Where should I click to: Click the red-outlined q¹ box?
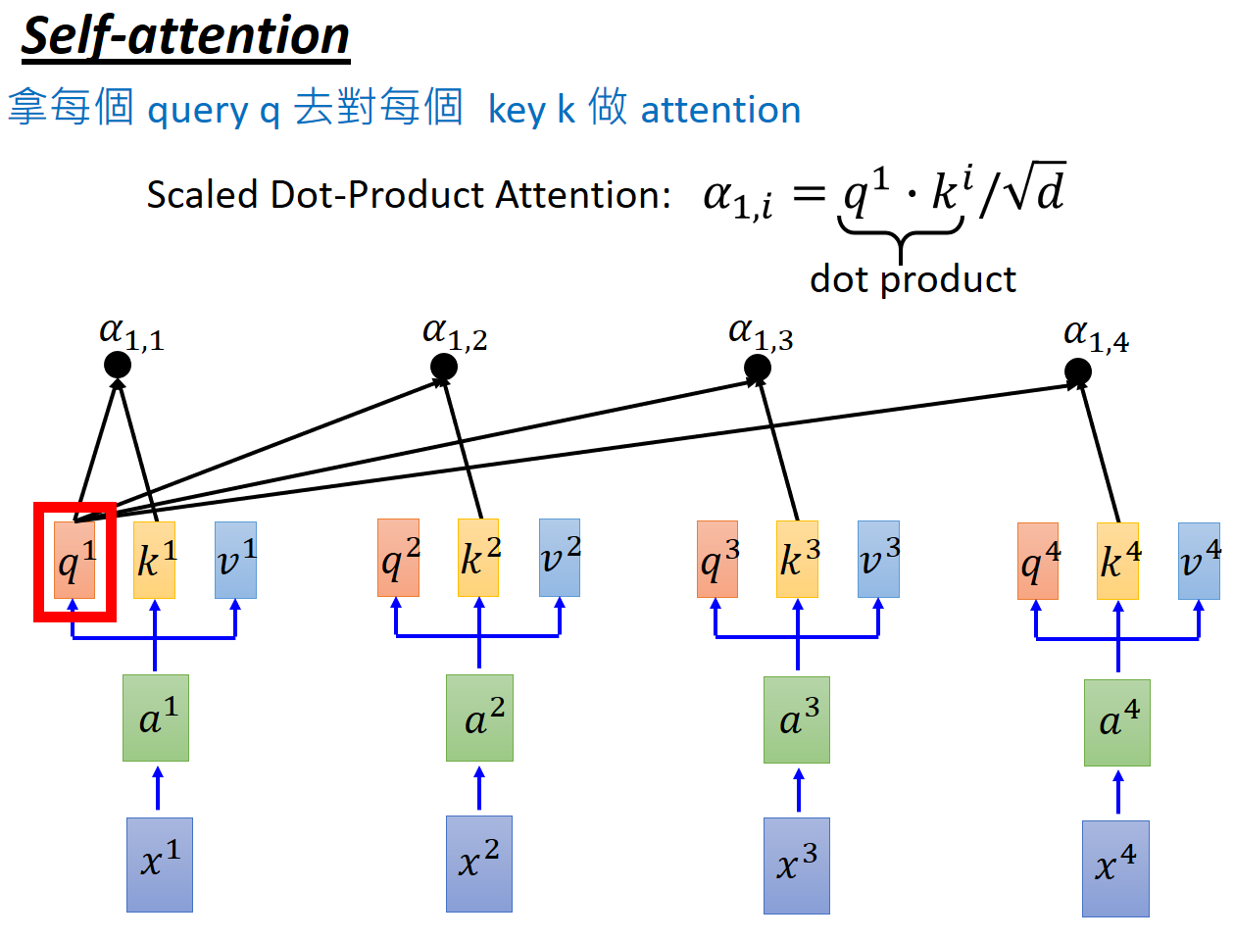click(x=75, y=562)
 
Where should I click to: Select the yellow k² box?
click(x=478, y=558)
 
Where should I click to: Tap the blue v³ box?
click(x=878, y=559)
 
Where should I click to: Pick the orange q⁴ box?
click(x=1038, y=562)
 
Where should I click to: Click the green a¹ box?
click(x=156, y=718)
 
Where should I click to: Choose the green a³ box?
click(x=797, y=720)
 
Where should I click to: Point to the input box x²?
click(x=479, y=864)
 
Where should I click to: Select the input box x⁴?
click(x=1115, y=868)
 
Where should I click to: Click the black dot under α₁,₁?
click(x=118, y=366)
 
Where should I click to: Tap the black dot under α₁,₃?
click(x=758, y=369)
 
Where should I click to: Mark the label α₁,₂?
click(x=455, y=333)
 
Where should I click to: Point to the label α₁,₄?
click(x=1096, y=336)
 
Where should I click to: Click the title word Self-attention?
click(x=185, y=36)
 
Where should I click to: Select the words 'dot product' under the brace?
click(x=913, y=279)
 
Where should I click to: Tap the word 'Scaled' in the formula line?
click(x=203, y=195)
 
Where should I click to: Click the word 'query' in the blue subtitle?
click(x=198, y=111)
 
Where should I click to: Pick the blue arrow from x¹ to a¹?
click(x=158, y=789)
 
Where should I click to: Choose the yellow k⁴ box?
click(x=1117, y=562)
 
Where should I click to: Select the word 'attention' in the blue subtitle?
click(x=720, y=110)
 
